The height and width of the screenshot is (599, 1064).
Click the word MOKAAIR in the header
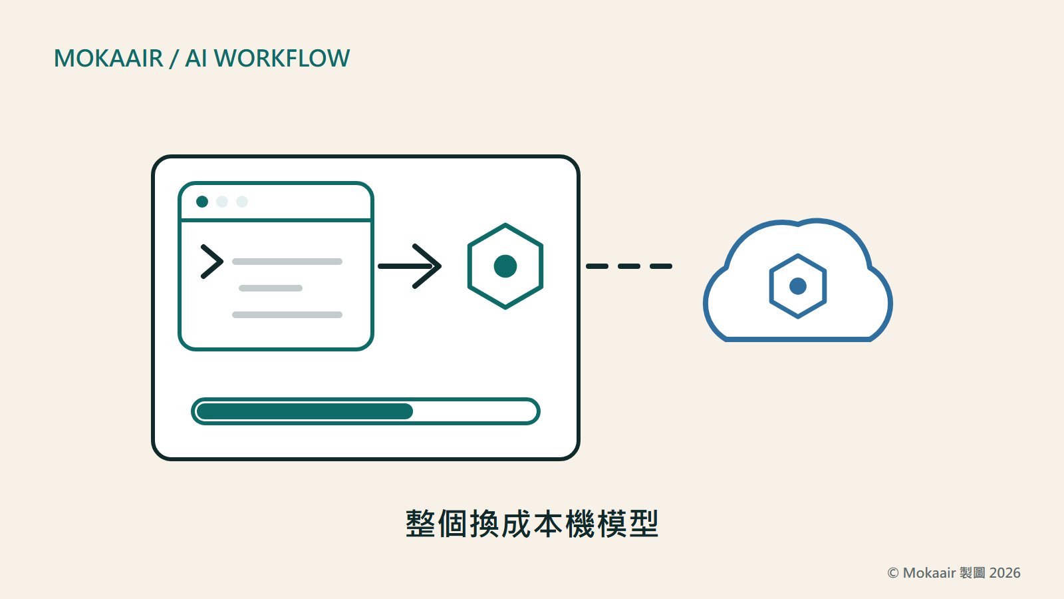click(109, 59)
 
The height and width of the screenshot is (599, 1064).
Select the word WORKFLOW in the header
click(282, 59)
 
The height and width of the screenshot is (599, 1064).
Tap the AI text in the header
click(196, 59)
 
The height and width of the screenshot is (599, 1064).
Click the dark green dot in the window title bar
click(202, 202)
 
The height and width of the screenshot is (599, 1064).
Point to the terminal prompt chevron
click(212, 262)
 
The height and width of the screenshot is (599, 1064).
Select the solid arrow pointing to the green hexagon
click(410, 266)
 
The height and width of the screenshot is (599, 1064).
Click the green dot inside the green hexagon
click(505, 266)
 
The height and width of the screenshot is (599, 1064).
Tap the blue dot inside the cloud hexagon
click(798, 286)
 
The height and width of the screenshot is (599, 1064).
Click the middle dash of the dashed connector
click(629, 266)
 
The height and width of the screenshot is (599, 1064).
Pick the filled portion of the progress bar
click(305, 411)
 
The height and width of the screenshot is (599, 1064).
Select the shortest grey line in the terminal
click(271, 288)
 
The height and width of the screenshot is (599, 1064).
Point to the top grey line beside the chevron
click(287, 262)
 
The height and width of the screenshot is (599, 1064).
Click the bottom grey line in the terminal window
click(287, 315)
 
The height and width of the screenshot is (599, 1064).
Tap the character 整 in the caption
click(420, 524)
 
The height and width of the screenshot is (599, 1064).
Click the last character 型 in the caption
click(644, 524)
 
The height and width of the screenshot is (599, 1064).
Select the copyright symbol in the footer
click(893, 573)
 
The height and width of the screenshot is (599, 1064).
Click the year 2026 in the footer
click(1005, 573)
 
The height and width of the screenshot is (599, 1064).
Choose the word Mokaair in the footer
click(929, 573)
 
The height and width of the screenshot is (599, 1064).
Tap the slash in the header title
click(174, 59)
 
